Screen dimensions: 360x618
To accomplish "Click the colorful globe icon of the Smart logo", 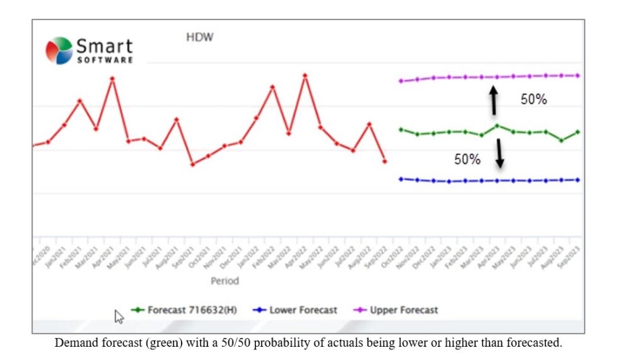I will click(59, 50).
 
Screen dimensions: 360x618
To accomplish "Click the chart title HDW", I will click(199, 37).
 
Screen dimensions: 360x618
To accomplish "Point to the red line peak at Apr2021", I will click(112, 79).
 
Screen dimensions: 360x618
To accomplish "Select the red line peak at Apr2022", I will click(305, 76).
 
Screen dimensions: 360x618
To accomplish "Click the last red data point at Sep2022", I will click(385, 161).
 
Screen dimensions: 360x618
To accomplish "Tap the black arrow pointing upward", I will click(494, 100).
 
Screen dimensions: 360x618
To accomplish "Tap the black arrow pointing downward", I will click(499, 153).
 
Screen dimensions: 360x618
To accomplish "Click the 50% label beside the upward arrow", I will click(533, 100).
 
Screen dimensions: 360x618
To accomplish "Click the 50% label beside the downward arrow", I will click(467, 160).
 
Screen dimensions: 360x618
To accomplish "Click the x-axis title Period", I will click(224, 281).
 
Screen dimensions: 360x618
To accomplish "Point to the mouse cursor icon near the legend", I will click(119, 316).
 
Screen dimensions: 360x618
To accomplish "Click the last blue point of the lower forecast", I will click(578, 180).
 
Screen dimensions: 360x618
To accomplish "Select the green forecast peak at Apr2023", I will click(497, 125).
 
